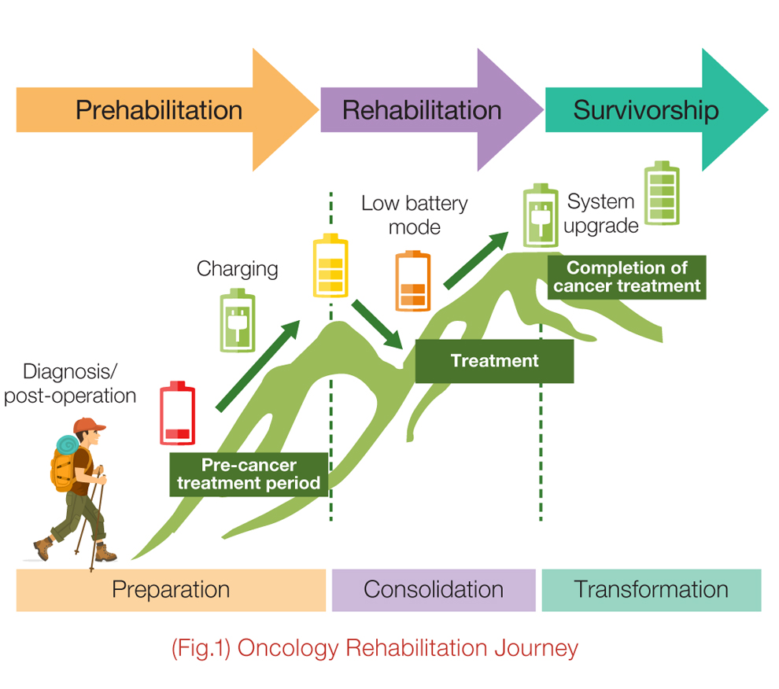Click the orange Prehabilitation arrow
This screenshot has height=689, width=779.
pos(157,110)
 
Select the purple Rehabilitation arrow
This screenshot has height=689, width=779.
pos(422,110)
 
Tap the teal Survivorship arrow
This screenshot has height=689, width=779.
pos(645,110)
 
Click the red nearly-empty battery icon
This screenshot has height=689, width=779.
pos(177,415)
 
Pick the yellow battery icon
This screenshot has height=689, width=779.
pos(330,266)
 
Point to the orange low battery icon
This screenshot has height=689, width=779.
pos(412,282)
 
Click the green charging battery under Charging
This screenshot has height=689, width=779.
pos(237,320)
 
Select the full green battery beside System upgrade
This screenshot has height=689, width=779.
pos(662,195)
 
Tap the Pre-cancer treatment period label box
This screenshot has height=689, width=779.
pos(249,474)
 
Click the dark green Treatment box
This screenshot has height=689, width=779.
pos(494,361)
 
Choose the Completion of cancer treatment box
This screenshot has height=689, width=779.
pos(626,277)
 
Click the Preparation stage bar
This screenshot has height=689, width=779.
pos(171,590)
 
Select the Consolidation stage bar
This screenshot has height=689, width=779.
pos(434,590)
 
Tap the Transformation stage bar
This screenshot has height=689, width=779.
pos(651,590)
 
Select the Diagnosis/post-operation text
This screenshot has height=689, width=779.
pos(70,383)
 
